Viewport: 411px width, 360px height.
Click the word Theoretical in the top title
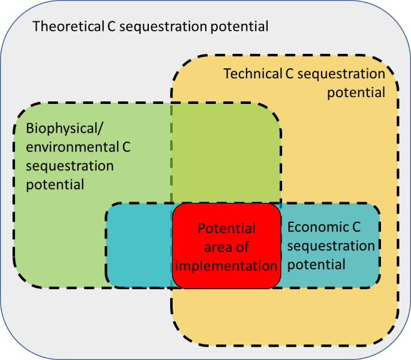coord(68,26)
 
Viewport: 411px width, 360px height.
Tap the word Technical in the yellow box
coord(253,73)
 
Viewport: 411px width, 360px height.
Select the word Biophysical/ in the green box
coord(64,129)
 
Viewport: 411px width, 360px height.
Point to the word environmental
coord(73,147)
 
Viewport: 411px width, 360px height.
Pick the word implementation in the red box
coord(226,266)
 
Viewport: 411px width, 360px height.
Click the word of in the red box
coord(242,247)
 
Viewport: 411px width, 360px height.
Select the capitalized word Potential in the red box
coord(226,228)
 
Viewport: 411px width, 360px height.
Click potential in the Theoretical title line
coord(240,27)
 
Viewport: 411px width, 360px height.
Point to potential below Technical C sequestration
coord(356,93)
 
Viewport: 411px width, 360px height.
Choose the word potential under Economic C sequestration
coord(317,265)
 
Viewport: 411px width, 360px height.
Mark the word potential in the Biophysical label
coord(55,185)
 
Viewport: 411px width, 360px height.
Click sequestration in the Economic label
coord(331,247)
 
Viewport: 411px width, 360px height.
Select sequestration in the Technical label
coord(342,74)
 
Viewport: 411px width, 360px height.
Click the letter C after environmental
coord(126,147)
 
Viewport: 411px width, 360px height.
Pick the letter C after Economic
coord(357,227)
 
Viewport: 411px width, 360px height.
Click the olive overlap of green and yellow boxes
coord(226,153)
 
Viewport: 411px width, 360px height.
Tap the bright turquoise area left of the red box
coord(140,245)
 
